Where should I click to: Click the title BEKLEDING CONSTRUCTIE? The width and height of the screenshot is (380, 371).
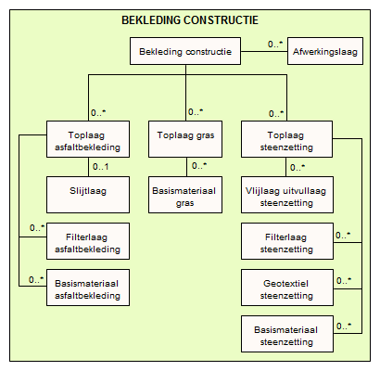tap(190, 20)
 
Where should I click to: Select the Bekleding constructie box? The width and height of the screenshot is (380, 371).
tap(185, 51)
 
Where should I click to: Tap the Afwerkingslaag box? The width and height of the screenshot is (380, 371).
tap(325, 51)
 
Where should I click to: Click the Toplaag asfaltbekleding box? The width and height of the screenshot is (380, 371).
tap(88, 139)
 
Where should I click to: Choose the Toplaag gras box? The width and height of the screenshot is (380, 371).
tap(185, 139)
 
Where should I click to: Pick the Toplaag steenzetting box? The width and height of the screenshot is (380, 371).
tap(286, 139)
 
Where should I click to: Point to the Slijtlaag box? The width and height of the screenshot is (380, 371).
tap(88, 195)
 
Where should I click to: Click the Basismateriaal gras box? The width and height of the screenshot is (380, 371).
tap(185, 195)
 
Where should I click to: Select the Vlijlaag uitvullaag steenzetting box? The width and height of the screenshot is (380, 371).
tap(287, 195)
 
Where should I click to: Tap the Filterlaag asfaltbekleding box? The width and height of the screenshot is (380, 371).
tap(88, 241)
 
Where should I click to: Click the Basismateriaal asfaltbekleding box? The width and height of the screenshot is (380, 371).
tap(88, 288)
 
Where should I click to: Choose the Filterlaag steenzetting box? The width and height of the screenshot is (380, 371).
tap(287, 241)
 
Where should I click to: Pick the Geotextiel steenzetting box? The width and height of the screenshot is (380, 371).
tap(287, 288)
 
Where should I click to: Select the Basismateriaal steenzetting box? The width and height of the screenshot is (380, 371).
tap(287, 334)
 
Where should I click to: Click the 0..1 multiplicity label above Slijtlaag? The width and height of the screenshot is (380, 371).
tap(101, 167)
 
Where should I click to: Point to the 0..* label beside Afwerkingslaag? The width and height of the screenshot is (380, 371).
tap(275, 44)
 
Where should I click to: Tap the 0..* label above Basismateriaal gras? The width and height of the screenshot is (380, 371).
tap(199, 166)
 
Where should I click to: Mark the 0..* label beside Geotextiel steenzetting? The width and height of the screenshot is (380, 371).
tap(344, 280)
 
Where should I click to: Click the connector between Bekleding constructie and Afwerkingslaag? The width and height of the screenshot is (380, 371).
tap(264, 51)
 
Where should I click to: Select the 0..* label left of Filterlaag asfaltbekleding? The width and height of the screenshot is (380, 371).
tap(37, 228)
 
